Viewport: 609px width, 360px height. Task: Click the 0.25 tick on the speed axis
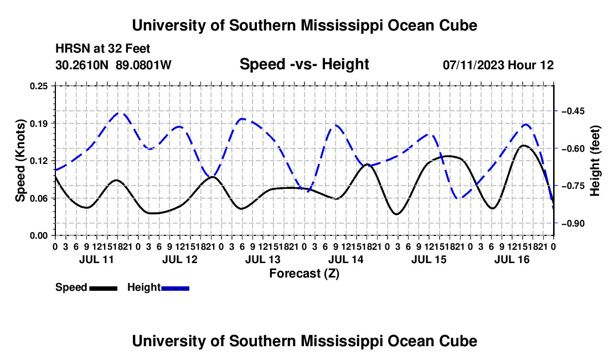click(39, 86)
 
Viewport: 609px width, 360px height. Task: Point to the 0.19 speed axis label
click(39, 124)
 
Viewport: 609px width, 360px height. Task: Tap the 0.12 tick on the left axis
click(39, 161)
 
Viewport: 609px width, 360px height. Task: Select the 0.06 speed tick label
click(39, 198)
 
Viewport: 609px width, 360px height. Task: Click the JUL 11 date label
click(96, 259)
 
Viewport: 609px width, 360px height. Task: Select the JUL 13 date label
click(262, 259)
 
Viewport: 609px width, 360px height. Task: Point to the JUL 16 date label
click(512, 259)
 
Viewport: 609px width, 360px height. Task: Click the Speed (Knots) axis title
click(20, 161)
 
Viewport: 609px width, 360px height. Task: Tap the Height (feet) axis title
click(595, 161)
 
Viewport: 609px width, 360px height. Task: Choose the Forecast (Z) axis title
click(304, 274)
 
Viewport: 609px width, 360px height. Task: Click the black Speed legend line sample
click(103, 288)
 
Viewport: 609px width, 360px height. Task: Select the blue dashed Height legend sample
click(175, 288)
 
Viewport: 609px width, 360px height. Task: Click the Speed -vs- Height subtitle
click(304, 64)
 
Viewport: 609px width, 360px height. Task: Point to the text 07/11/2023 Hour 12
click(498, 65)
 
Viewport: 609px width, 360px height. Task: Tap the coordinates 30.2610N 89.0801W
click(113, 65)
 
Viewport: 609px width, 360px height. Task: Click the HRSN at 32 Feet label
click(102, 49)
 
